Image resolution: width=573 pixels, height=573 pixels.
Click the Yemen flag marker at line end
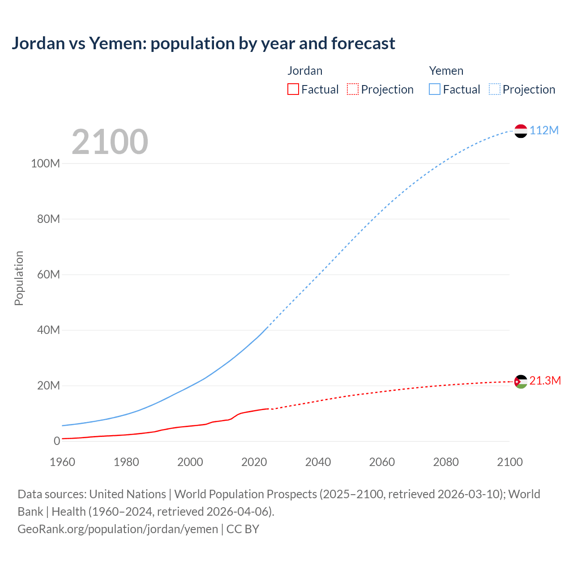pos(521,131)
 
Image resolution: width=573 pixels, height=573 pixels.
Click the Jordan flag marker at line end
pos(521,381)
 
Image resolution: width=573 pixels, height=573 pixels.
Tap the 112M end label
pos(544,130)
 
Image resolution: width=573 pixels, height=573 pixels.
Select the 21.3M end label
pos(545,381)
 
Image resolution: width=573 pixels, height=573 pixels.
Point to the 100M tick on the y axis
pos(45,163)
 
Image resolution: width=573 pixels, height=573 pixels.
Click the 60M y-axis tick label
pos(48,274)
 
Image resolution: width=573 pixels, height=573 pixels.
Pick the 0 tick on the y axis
pos(57,441)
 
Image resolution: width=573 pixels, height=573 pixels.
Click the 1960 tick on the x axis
pos(62,462)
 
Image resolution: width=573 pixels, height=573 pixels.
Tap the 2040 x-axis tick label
pos(318,462)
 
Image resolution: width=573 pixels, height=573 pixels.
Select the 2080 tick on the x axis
pos(446,462)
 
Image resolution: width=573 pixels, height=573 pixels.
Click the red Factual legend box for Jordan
pos(293,89)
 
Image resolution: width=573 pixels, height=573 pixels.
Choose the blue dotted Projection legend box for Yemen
pos(495,89)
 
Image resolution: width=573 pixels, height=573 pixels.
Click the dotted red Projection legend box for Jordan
pos(353,89)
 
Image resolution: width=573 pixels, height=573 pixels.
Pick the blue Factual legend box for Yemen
pos(435,89)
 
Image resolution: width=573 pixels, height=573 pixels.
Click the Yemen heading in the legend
pos(446,71)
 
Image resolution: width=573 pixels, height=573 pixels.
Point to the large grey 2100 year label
pos(110,142)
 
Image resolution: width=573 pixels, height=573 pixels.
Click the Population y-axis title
pos(19,278)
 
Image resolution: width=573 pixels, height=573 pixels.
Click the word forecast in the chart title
pos(363,43)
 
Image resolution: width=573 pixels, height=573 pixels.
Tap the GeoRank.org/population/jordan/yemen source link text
pos(118,529)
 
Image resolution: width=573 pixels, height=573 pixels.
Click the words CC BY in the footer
pos(243,529)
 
